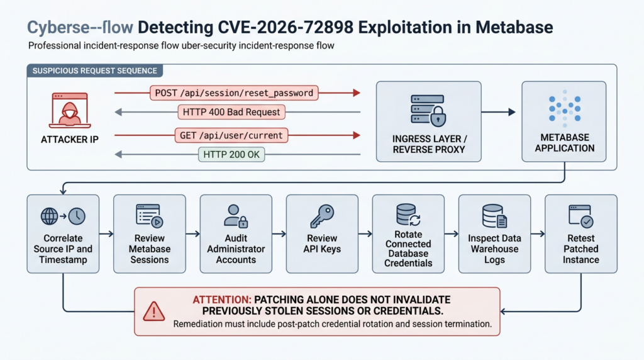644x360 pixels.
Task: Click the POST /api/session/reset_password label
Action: click(234, 93)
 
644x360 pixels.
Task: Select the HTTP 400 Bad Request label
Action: click(231, 112)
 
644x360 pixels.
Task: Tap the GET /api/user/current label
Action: click(231, 135)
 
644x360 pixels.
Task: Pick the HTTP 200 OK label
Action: click(231, 155)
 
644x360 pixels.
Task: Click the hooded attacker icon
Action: click(70, 111)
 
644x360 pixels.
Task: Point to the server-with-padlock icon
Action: click(428, 110)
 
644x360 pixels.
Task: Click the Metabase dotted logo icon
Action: click(565, 108)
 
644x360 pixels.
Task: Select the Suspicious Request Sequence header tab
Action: click(95, 70)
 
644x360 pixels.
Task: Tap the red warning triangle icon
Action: click(154, 312)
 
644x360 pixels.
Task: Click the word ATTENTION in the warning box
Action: click(222, 300)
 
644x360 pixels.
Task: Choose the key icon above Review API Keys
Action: click(322, 216)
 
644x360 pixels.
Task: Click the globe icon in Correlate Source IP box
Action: click(49, 216)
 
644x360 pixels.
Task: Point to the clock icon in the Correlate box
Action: click(77, 216)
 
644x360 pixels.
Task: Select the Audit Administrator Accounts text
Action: click(236, 249)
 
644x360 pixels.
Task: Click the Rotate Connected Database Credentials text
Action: click(408, 249)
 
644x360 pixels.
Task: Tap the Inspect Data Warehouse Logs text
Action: click(494, 249)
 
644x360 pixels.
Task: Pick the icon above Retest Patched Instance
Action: click(580, 216)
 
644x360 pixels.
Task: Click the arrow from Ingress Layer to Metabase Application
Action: click(498, 112)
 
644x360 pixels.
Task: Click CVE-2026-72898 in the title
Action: click(286, 28)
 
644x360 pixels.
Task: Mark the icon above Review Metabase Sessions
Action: click(150, 216)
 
